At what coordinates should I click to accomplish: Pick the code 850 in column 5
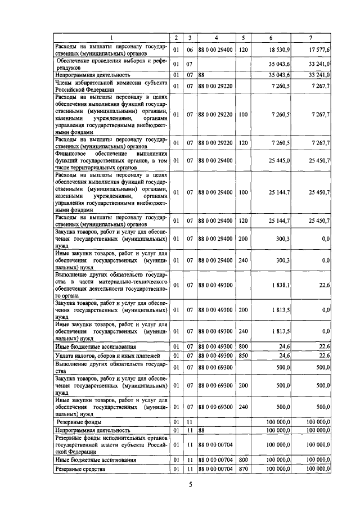pos(244,355)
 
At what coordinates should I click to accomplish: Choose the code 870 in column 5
pos(244,468)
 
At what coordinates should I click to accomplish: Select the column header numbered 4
pos(216,38)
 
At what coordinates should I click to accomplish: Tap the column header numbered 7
pos(310,38)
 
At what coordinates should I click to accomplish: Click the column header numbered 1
pos(111,38)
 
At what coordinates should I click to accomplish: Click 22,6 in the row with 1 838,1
pos(324,285)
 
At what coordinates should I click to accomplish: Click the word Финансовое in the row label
pos(73,153)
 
